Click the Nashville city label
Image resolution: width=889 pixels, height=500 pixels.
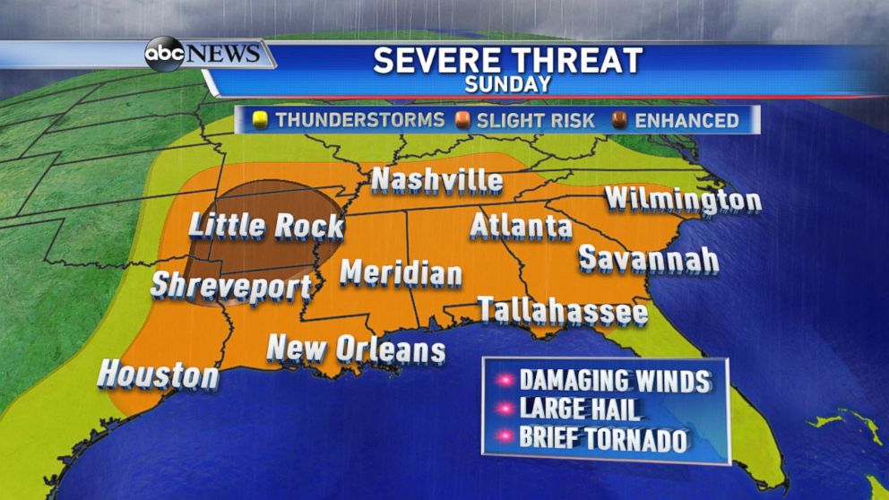click(x=436, y=180)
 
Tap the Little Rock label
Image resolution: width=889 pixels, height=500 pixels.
click(x=266, y=225)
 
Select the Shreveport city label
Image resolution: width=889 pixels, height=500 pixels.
click(x=231, y=287)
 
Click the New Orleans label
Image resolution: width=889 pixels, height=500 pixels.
click(x=357, y=349)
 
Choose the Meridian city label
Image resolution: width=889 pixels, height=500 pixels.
click(x=401, y=272)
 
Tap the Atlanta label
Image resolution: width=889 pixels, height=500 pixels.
click(x=521, y=226)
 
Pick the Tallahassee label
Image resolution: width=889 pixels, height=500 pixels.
click(x=562, y=311)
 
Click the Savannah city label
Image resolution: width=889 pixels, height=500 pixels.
click(x=648, y=259)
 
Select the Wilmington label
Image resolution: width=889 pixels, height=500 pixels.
click(x=683, y=199)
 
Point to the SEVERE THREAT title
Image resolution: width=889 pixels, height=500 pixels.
click(x=507, y=61)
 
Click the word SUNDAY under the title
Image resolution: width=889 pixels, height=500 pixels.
click(x=507, y=85)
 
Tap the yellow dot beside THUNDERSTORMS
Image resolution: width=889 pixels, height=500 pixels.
click(x=262, y=120)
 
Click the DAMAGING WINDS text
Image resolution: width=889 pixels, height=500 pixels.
click(x=615, y=381)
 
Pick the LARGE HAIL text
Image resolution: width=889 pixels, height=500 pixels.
click(x=580, y=410)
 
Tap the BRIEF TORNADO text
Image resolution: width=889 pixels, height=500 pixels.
click(x=603, y=440)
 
